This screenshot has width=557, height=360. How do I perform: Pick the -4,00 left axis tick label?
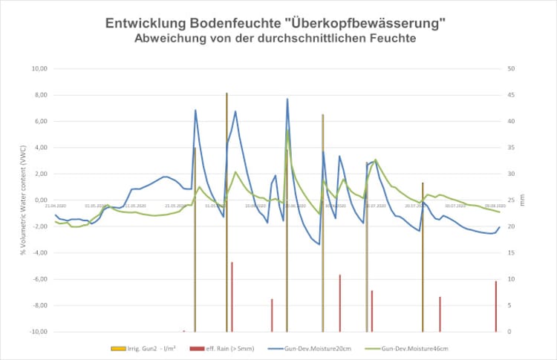click(39, 252)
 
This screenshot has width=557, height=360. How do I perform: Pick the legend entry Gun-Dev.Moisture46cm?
click(414, 348)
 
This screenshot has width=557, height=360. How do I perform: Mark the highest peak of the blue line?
click(287, 99)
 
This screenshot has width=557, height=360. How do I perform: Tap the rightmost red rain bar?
click(496, 306)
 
